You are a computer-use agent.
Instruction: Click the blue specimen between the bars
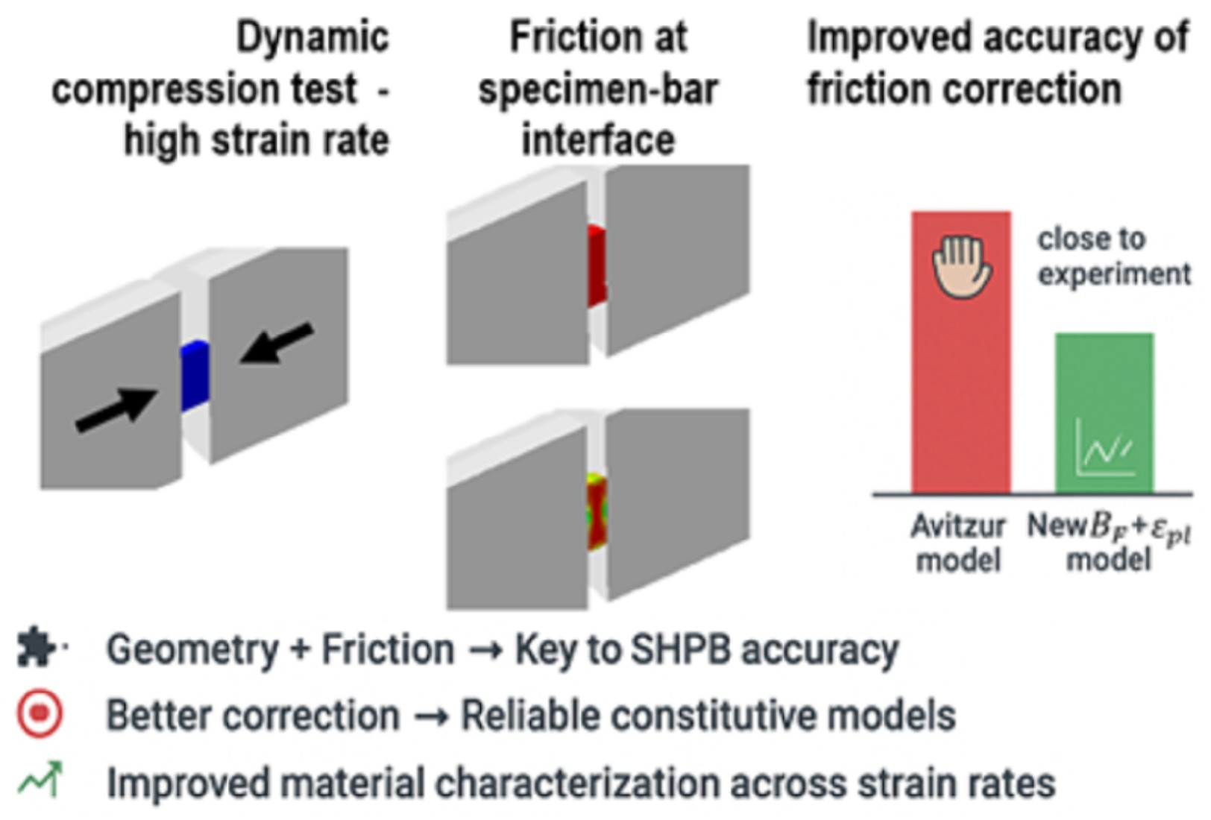coord(195,376)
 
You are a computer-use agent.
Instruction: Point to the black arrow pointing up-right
coord(116,409)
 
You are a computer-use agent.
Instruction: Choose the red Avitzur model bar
coord(960,388)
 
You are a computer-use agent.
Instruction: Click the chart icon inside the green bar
coord(1104,448)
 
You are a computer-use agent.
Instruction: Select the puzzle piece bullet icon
coord(37,647)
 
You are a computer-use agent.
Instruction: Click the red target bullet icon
coord(40,714)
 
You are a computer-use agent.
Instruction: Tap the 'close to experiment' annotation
coord(1113,256)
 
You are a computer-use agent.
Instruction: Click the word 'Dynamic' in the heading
coord(312,37)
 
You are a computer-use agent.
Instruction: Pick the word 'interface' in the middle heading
coord(598,140)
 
